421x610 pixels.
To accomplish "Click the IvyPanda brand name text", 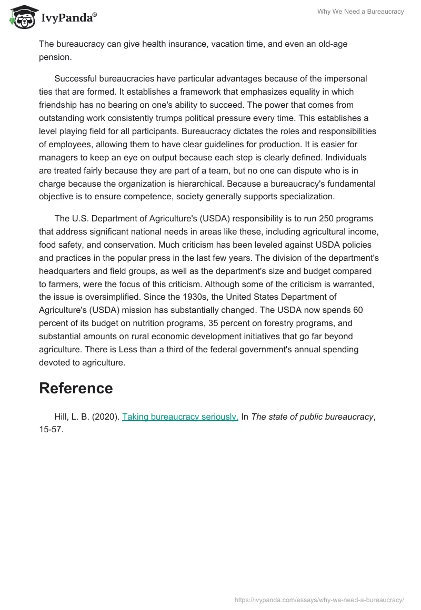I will tap(68, 18).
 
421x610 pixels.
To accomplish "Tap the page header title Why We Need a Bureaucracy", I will tap(360, 12).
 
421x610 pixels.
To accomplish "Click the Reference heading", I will tap(76, 388).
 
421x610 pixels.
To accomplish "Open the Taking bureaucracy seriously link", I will tap(180, 416).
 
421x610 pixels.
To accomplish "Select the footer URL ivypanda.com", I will tap(319, 599).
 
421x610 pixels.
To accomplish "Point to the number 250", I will tap(310, 218).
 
